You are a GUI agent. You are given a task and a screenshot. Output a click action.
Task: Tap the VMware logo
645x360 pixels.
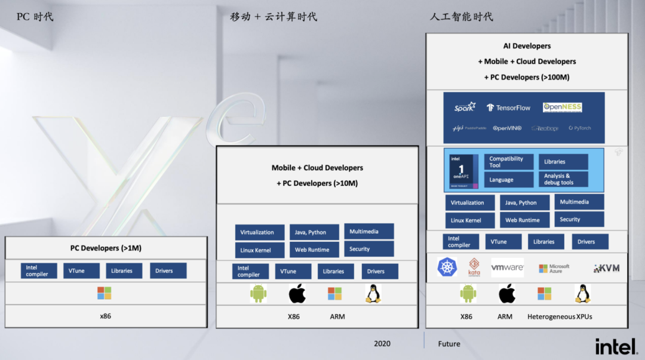(507, 267)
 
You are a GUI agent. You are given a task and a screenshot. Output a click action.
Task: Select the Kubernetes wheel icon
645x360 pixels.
(447, 267)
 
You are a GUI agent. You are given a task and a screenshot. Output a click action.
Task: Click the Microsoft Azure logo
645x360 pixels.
(554, 269)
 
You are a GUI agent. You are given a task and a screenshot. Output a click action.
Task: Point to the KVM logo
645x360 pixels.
(606, 268)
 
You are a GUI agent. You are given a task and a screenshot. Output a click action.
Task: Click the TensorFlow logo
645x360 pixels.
(508, 107)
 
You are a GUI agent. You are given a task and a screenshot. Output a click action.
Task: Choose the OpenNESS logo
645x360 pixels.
(562, 107)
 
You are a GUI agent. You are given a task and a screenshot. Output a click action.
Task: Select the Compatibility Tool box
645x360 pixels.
(508, 162)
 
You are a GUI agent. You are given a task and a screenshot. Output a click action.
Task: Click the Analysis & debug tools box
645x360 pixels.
(563, 179)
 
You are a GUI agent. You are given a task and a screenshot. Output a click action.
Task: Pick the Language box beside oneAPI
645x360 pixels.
(508, 180)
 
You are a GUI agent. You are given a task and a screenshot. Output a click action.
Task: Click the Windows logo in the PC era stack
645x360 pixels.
(105, 293)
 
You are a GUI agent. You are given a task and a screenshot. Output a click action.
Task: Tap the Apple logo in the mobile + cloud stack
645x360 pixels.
(297, 294)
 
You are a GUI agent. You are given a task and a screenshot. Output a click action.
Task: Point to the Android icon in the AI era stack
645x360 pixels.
(468, 293)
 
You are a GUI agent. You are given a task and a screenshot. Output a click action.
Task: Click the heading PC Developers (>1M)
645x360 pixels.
(106, 248)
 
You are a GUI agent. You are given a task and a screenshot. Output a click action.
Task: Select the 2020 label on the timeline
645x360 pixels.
(382, 343)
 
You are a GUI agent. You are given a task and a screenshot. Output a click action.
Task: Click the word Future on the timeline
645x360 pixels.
(449, 344)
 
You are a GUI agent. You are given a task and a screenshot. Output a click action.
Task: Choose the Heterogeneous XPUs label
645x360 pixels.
(560, 316)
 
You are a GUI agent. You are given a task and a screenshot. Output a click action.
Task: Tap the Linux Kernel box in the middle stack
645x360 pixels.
(255, 250)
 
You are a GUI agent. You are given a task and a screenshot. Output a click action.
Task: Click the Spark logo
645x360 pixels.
(465, 107)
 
